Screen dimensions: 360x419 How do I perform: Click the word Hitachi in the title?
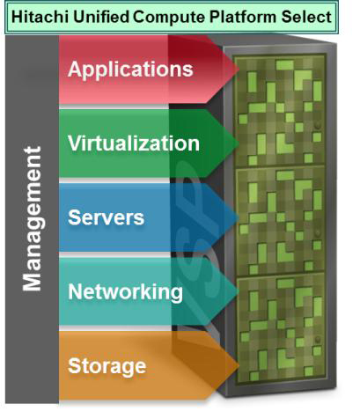[x=40, y=17]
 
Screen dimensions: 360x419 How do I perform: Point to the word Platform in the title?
[x=243, y=17]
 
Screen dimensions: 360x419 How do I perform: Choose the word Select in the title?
[x=306, y=17]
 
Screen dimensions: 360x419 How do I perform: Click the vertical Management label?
[x=33, y=218]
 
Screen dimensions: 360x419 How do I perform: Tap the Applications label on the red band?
[x=130, y=70]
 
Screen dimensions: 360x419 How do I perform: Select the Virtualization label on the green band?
[x=134, y=143]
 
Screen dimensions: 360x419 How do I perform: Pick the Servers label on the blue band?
[x=106, y=217]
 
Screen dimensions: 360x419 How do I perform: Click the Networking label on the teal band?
[x=125, y=293]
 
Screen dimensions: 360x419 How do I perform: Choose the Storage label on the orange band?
[x=107, y=366]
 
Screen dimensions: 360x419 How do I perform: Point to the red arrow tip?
[x=239, y=70]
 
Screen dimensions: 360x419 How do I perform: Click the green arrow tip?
[x=239, y=143]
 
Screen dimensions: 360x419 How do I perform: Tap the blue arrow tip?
[x=239, y=217]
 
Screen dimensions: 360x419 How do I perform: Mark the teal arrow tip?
[x=239, y=291]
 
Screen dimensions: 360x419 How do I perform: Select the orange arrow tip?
[x=239, y=365]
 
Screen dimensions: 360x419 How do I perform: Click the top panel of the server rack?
[x=280, y=111]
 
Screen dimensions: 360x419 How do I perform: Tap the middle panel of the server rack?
[x=280, y=221]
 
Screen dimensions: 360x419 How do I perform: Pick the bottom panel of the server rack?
[x=281, y=329]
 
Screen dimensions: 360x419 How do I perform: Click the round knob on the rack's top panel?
[x=317, y=126]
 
